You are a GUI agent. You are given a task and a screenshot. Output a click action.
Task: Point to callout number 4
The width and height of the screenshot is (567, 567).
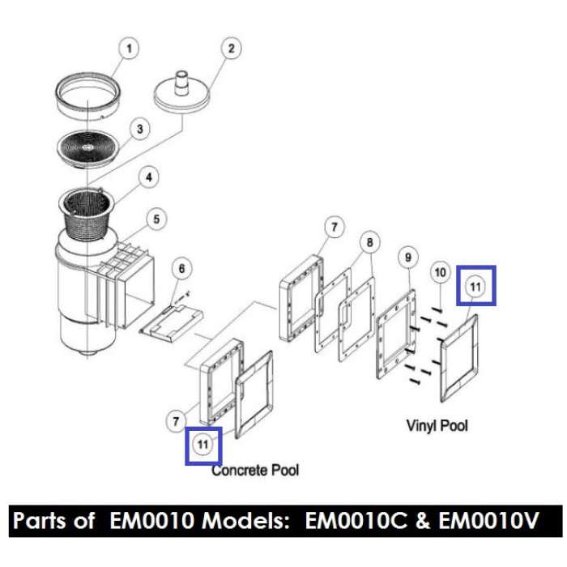147,174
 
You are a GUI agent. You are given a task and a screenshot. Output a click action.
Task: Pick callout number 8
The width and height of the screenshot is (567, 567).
369,242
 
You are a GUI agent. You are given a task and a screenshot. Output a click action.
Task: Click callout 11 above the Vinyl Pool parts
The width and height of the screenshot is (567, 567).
475,285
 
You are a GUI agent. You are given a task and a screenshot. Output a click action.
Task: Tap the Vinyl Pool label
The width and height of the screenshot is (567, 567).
437,425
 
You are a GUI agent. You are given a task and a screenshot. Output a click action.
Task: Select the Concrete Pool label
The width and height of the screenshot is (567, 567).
255,470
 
